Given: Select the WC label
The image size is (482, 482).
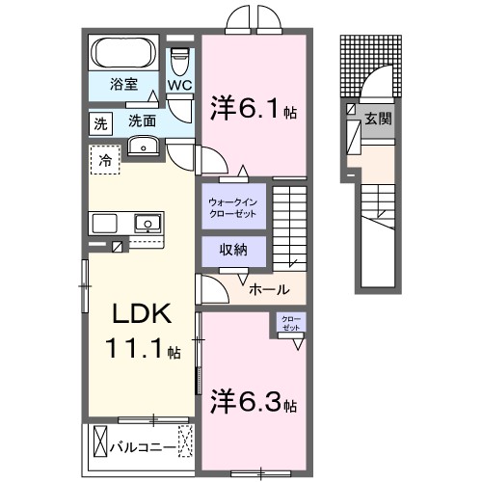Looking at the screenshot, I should click(x=180, y=86).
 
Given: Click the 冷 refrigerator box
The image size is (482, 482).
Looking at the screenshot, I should click(x=104, y=159).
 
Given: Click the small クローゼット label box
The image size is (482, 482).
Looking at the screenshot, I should click(x=290, y=323).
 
